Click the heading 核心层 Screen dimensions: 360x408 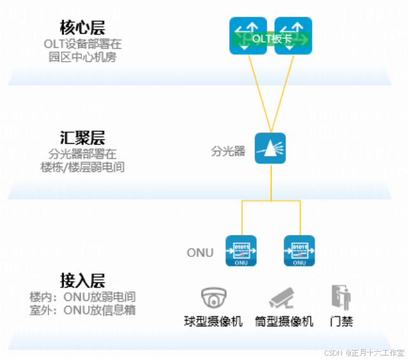click(83, 27)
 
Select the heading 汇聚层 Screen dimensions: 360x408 click(83, 138)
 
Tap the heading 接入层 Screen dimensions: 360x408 click(83, 280)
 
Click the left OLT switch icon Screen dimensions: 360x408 click(248, 36)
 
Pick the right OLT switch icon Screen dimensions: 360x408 click(294, 36)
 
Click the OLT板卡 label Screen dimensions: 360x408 click(271, 39)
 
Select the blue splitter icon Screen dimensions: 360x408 click(270, 148)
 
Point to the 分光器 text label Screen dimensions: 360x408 click(228, 152)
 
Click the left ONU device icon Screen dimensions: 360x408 click(241, 251)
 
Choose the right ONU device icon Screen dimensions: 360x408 click(299, 251)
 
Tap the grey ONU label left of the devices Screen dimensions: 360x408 click(200, 253)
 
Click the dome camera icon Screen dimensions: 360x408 click(214, 298)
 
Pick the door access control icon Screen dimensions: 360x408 click(341, 298)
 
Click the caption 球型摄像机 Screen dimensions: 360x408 click(214, 321)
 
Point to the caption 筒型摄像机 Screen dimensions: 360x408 click(283, 321)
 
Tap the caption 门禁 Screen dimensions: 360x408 click(341, 321)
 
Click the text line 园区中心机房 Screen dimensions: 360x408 click(83, 57)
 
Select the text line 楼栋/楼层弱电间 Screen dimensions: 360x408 click(83, 167)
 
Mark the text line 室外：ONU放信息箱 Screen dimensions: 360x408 click(83, 310)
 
